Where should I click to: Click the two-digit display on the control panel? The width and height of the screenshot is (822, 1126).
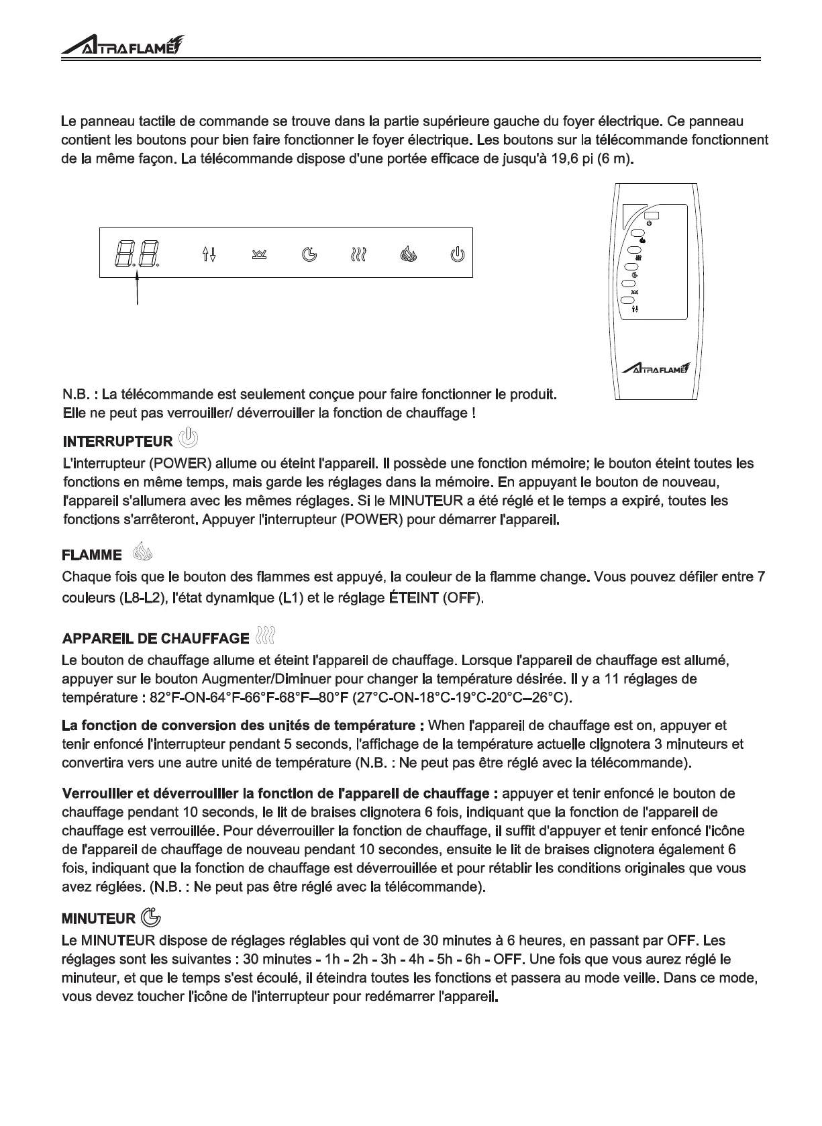click(x=137, y=254)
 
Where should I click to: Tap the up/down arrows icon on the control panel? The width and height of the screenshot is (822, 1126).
click(x=209, y=254)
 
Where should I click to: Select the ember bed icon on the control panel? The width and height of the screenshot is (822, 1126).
click(x=259, y=254)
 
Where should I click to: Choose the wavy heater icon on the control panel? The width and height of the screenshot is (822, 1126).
click(x=359, y=254)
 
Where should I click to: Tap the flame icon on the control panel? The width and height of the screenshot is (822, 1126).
click(x=409, y=254)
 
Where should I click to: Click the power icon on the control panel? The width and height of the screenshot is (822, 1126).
click(x=457, y=254)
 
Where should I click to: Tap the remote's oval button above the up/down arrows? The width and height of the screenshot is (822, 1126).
click(x=628, y=300)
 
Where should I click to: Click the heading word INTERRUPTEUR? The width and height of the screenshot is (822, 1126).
click(x=117, y=442)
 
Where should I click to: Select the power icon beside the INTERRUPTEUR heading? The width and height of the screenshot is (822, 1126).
click(x=189, y=439)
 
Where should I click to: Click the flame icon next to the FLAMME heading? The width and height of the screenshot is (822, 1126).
click(x=143, y=552)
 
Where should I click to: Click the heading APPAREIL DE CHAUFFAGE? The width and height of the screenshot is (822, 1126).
click(x=155, y=637)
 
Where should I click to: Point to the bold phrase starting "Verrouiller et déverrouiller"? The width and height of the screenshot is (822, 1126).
click(x=279, y=794)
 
